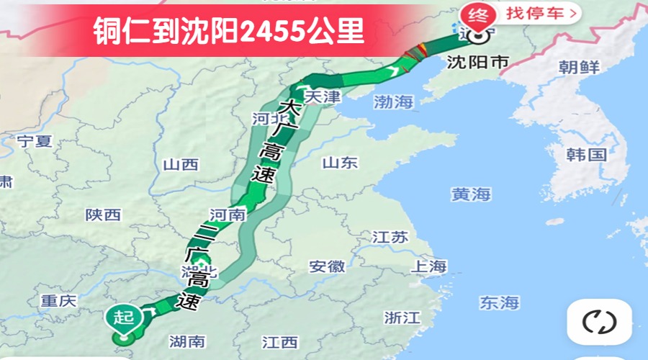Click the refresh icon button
599,322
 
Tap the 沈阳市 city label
477,62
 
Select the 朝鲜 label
578,68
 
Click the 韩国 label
586,154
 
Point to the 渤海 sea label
394,102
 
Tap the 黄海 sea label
471,194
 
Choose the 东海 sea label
500,302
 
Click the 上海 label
428,266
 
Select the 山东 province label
340,163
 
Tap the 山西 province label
180,165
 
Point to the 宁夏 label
35,141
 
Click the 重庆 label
58,301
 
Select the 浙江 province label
402,318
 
